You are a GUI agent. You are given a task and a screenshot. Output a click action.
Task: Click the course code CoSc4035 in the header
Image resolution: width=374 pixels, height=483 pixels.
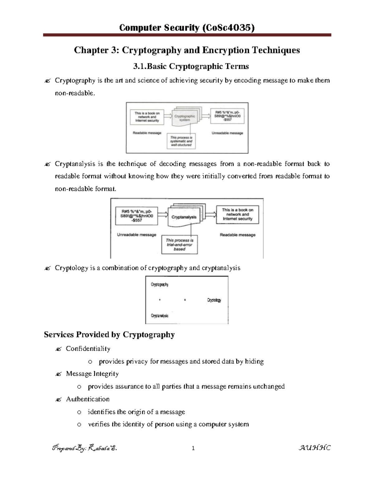[228, 28]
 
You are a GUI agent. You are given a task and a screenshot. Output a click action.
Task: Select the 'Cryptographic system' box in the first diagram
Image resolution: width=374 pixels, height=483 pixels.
[185, 118]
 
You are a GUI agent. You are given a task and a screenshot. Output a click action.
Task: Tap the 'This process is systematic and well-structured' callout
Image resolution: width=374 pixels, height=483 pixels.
[181, 141]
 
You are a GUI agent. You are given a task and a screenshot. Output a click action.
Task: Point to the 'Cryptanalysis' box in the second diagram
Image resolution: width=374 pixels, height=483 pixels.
[184, 217]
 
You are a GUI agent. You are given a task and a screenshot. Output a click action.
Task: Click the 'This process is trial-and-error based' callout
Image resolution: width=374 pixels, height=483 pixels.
[180, 244]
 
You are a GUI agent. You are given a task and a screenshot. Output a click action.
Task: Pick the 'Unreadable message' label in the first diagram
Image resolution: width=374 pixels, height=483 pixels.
[227, 133]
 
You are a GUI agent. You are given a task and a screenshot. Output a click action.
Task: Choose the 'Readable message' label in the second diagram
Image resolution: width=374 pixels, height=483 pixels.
[237, 235]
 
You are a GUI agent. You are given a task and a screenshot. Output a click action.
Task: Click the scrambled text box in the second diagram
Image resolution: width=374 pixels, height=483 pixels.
[137, 216]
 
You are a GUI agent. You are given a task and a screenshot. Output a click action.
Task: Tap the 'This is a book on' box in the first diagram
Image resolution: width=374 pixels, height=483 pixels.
[147, 117]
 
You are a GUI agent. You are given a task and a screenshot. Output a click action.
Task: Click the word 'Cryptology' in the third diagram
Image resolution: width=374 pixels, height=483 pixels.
[214, 300]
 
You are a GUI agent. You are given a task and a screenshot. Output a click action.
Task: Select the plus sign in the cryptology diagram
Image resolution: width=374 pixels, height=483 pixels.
[160, 300]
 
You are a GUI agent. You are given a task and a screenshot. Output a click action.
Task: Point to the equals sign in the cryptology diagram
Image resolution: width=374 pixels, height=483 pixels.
[185, 300]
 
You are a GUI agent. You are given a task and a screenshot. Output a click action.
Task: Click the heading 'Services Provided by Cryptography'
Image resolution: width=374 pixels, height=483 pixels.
[109, 335]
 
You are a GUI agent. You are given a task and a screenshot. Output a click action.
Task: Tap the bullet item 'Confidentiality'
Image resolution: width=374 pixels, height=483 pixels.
[88, 349]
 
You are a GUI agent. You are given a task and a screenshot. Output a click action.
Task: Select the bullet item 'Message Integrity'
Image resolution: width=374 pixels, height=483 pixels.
[92, 374]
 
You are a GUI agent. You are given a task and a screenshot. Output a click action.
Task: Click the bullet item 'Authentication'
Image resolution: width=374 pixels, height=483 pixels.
[88, 399]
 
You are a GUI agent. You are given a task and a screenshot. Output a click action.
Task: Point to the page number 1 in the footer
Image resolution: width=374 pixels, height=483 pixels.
[193, 448]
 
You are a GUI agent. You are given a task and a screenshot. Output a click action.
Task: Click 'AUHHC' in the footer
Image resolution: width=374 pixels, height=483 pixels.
[314, 448]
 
